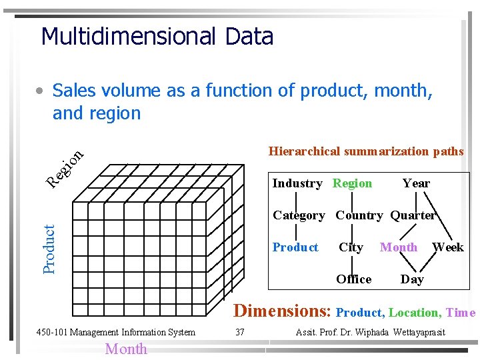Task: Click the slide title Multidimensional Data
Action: (x=157, y=37)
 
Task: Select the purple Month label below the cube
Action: (x=126, y=349)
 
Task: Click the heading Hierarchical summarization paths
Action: (x=365, y=151)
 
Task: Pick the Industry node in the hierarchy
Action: (x=297, y=183)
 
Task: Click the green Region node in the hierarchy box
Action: (x=352, y=183)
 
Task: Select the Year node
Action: (x=416, y=183)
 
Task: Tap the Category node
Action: (x=299, y=215)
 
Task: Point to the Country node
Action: (x=359, y=215)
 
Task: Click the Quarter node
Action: (x=413, y=215)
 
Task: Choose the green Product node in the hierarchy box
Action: (x=295, y=247)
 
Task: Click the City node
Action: (x=351, y=247)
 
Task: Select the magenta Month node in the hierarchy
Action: (x=399, y=247)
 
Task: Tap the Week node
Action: (x=448, y=247)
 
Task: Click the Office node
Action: (x=354, y=279)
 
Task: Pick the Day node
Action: (x=412, y=279)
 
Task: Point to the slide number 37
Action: (x=241, y=332)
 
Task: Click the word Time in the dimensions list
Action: (x=461, y=313)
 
